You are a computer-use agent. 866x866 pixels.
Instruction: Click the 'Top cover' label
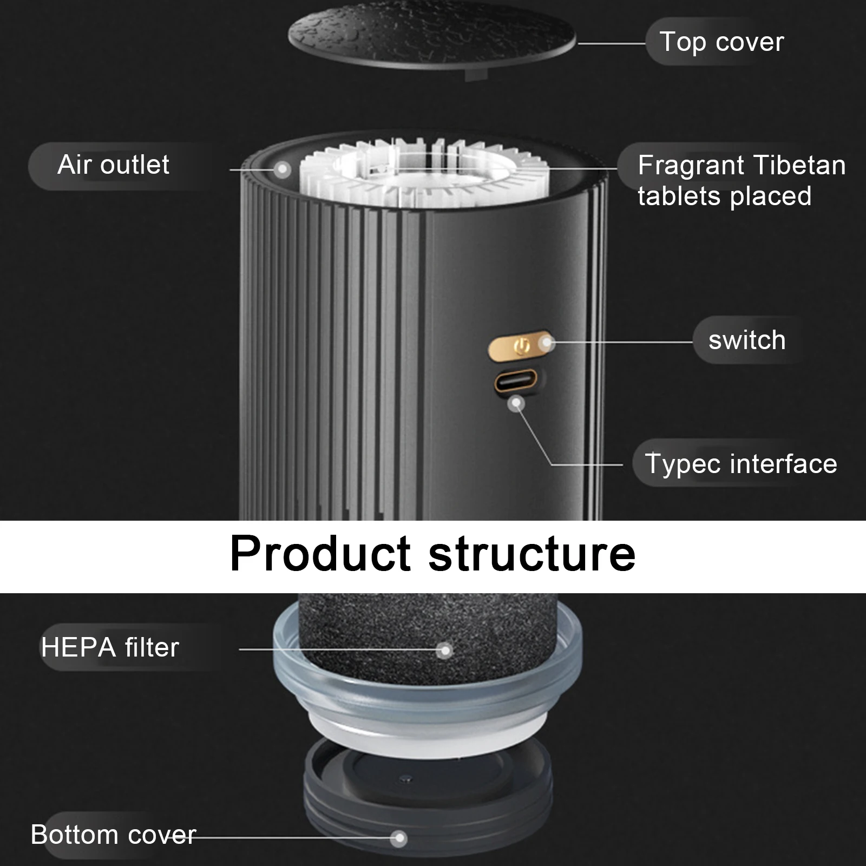click(x=721, y=42)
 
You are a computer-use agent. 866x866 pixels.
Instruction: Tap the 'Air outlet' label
click(x=113, y=165)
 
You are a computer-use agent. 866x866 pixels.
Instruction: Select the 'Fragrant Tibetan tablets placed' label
click(x=742, y=180)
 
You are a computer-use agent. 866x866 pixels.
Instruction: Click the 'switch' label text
click(x=747, y=340)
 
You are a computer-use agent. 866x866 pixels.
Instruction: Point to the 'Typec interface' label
click(x=741, y=464)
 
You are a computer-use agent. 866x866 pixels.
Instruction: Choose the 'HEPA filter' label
click(x=110, y=647)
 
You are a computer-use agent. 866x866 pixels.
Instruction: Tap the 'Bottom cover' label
click(x=113, y=835)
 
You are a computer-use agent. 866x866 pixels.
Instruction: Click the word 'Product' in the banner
click(x=320, y=555)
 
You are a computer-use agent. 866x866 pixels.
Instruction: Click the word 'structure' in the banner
click(x=533, y=555)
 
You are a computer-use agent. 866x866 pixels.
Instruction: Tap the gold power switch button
click(x=521, y=345)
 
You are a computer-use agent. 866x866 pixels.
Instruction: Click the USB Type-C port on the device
click(x=515, y=380)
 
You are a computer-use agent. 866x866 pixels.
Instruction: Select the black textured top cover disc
click(x=432, y=39)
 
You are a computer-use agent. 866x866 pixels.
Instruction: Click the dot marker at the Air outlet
click(x=281, y=169)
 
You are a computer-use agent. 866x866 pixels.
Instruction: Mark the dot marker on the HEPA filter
click(x=445, y=650)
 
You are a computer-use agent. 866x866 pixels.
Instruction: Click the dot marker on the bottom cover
click(x=400, y=838)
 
